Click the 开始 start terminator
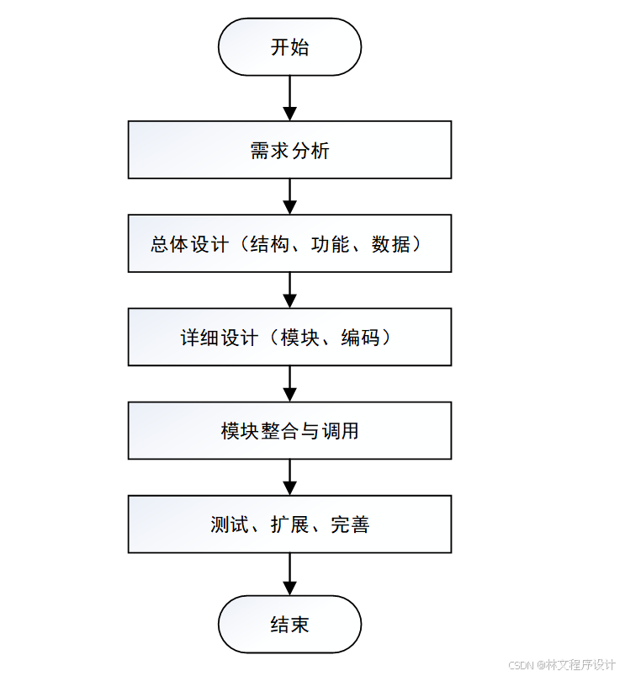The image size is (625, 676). [289, 47]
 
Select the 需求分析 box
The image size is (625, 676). [289, 150]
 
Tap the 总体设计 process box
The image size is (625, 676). [289, 244]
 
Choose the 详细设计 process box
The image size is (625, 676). [289, 338]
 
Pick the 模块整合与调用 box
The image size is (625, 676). [289, 431]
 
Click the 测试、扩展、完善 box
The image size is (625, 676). [289, 524]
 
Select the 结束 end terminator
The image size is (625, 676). [289, 625]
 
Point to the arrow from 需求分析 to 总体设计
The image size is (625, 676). [289, 197]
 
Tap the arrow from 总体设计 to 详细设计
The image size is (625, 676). [289, 290]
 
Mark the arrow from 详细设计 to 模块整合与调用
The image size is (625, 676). [289, 384]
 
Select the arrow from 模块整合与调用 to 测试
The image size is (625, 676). [289, 477]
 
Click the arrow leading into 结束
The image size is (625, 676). [289, 574]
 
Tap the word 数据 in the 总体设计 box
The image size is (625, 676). [391, 244]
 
